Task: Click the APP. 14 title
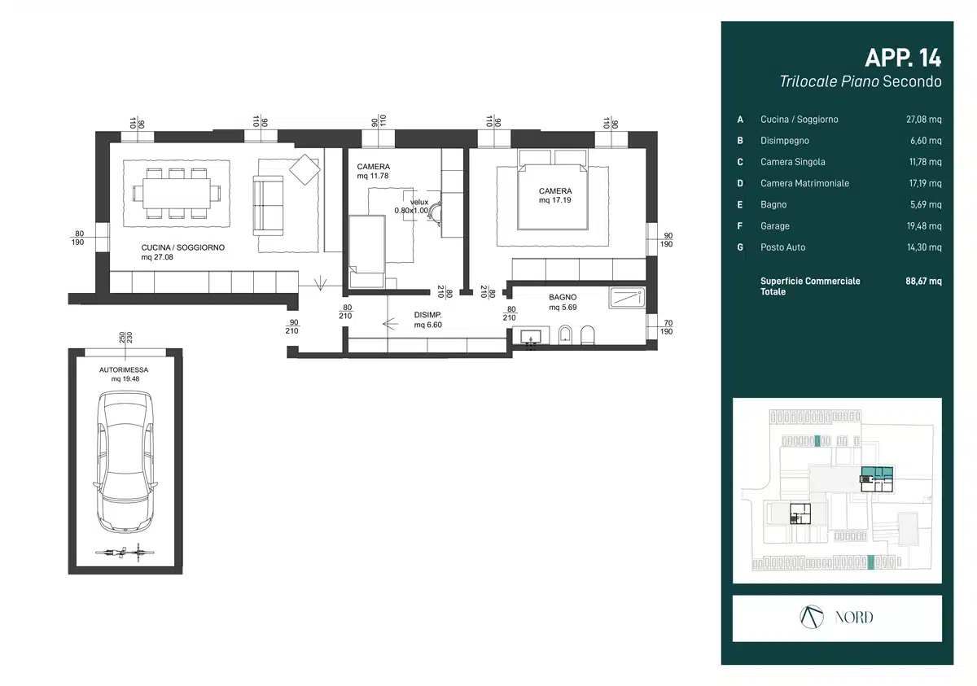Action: [x=903, y=58]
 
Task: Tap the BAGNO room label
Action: [x=563, y=297]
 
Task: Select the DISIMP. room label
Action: [x=427, y=315]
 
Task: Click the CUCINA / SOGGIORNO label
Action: [x=182, y=247]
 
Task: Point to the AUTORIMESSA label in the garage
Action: [x=124, y=370]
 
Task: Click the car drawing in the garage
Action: [x=125, y=461]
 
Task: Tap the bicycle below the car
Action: [x=125, y=553]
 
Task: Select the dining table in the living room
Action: [x=176, y=193]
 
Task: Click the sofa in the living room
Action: [x=268, y=205]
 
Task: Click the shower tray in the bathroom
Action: [x=627, y=298]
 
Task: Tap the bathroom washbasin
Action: [x=531, y=336]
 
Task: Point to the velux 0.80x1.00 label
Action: [x=413, y=206]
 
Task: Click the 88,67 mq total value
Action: [x=923, y=281]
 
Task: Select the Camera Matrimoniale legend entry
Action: [x=804, y=183]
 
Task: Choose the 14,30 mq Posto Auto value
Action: [x=924, y=247]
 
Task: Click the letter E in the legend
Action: [x=740, y=205]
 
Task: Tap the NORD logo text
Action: [x=854, y=618]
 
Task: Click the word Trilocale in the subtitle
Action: [x=808, y=81]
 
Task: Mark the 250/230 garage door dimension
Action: [x=125, y=338]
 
